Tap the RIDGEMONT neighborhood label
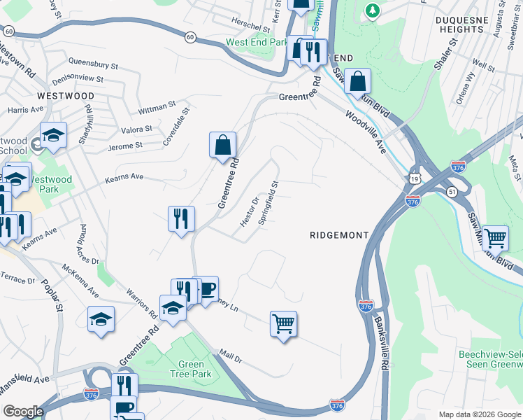click(x=338, y=236)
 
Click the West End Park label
click(x=257, y=43)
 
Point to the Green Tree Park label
click(x=191, y=369)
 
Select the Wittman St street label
click(x=157, y=107)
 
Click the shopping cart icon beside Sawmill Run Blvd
click(x=495, y=239)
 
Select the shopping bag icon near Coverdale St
click(x=222, y=146)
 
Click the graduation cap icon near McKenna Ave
click(x=101, y=319)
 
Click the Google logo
click(x=23, y=412)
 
